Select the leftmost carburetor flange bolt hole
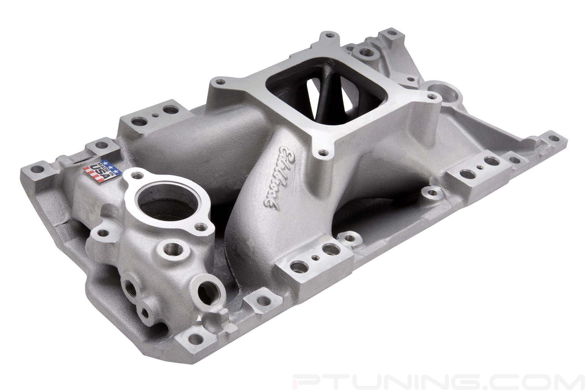coord(218,82)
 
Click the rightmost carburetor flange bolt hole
coord(432,97)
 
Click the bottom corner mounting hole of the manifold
coord(196,339)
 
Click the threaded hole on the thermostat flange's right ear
coord(201,227)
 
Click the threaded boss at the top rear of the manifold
coord(365,52)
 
